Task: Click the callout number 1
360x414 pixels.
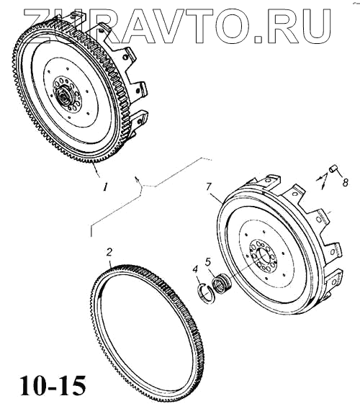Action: [105, 187]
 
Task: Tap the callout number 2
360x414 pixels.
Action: [109, 252]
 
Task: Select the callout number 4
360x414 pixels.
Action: [195, 269]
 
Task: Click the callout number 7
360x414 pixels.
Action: [209, 187]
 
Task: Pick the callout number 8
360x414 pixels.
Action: [345, 183]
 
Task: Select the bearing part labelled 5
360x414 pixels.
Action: [221, 284]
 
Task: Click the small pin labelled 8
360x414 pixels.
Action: [333, 168]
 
